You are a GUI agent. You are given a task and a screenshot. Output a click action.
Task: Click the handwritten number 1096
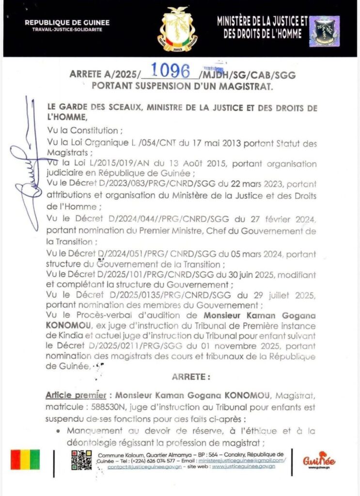click(170, 71)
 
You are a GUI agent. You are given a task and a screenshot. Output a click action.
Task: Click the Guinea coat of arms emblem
click(177, 29)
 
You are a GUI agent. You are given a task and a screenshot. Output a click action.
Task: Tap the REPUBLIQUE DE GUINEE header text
click(67, 23)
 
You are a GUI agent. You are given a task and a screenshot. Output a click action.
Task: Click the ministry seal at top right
click(324, 31)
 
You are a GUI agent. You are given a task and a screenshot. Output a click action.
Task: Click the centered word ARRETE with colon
click(191, 376)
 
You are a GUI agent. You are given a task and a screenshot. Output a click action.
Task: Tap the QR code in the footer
click(81, 460)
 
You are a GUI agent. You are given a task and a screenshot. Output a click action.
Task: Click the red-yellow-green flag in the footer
click(25, 460)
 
